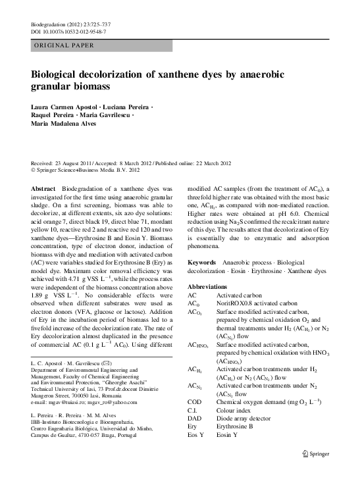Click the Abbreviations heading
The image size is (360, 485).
[211, 288]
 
